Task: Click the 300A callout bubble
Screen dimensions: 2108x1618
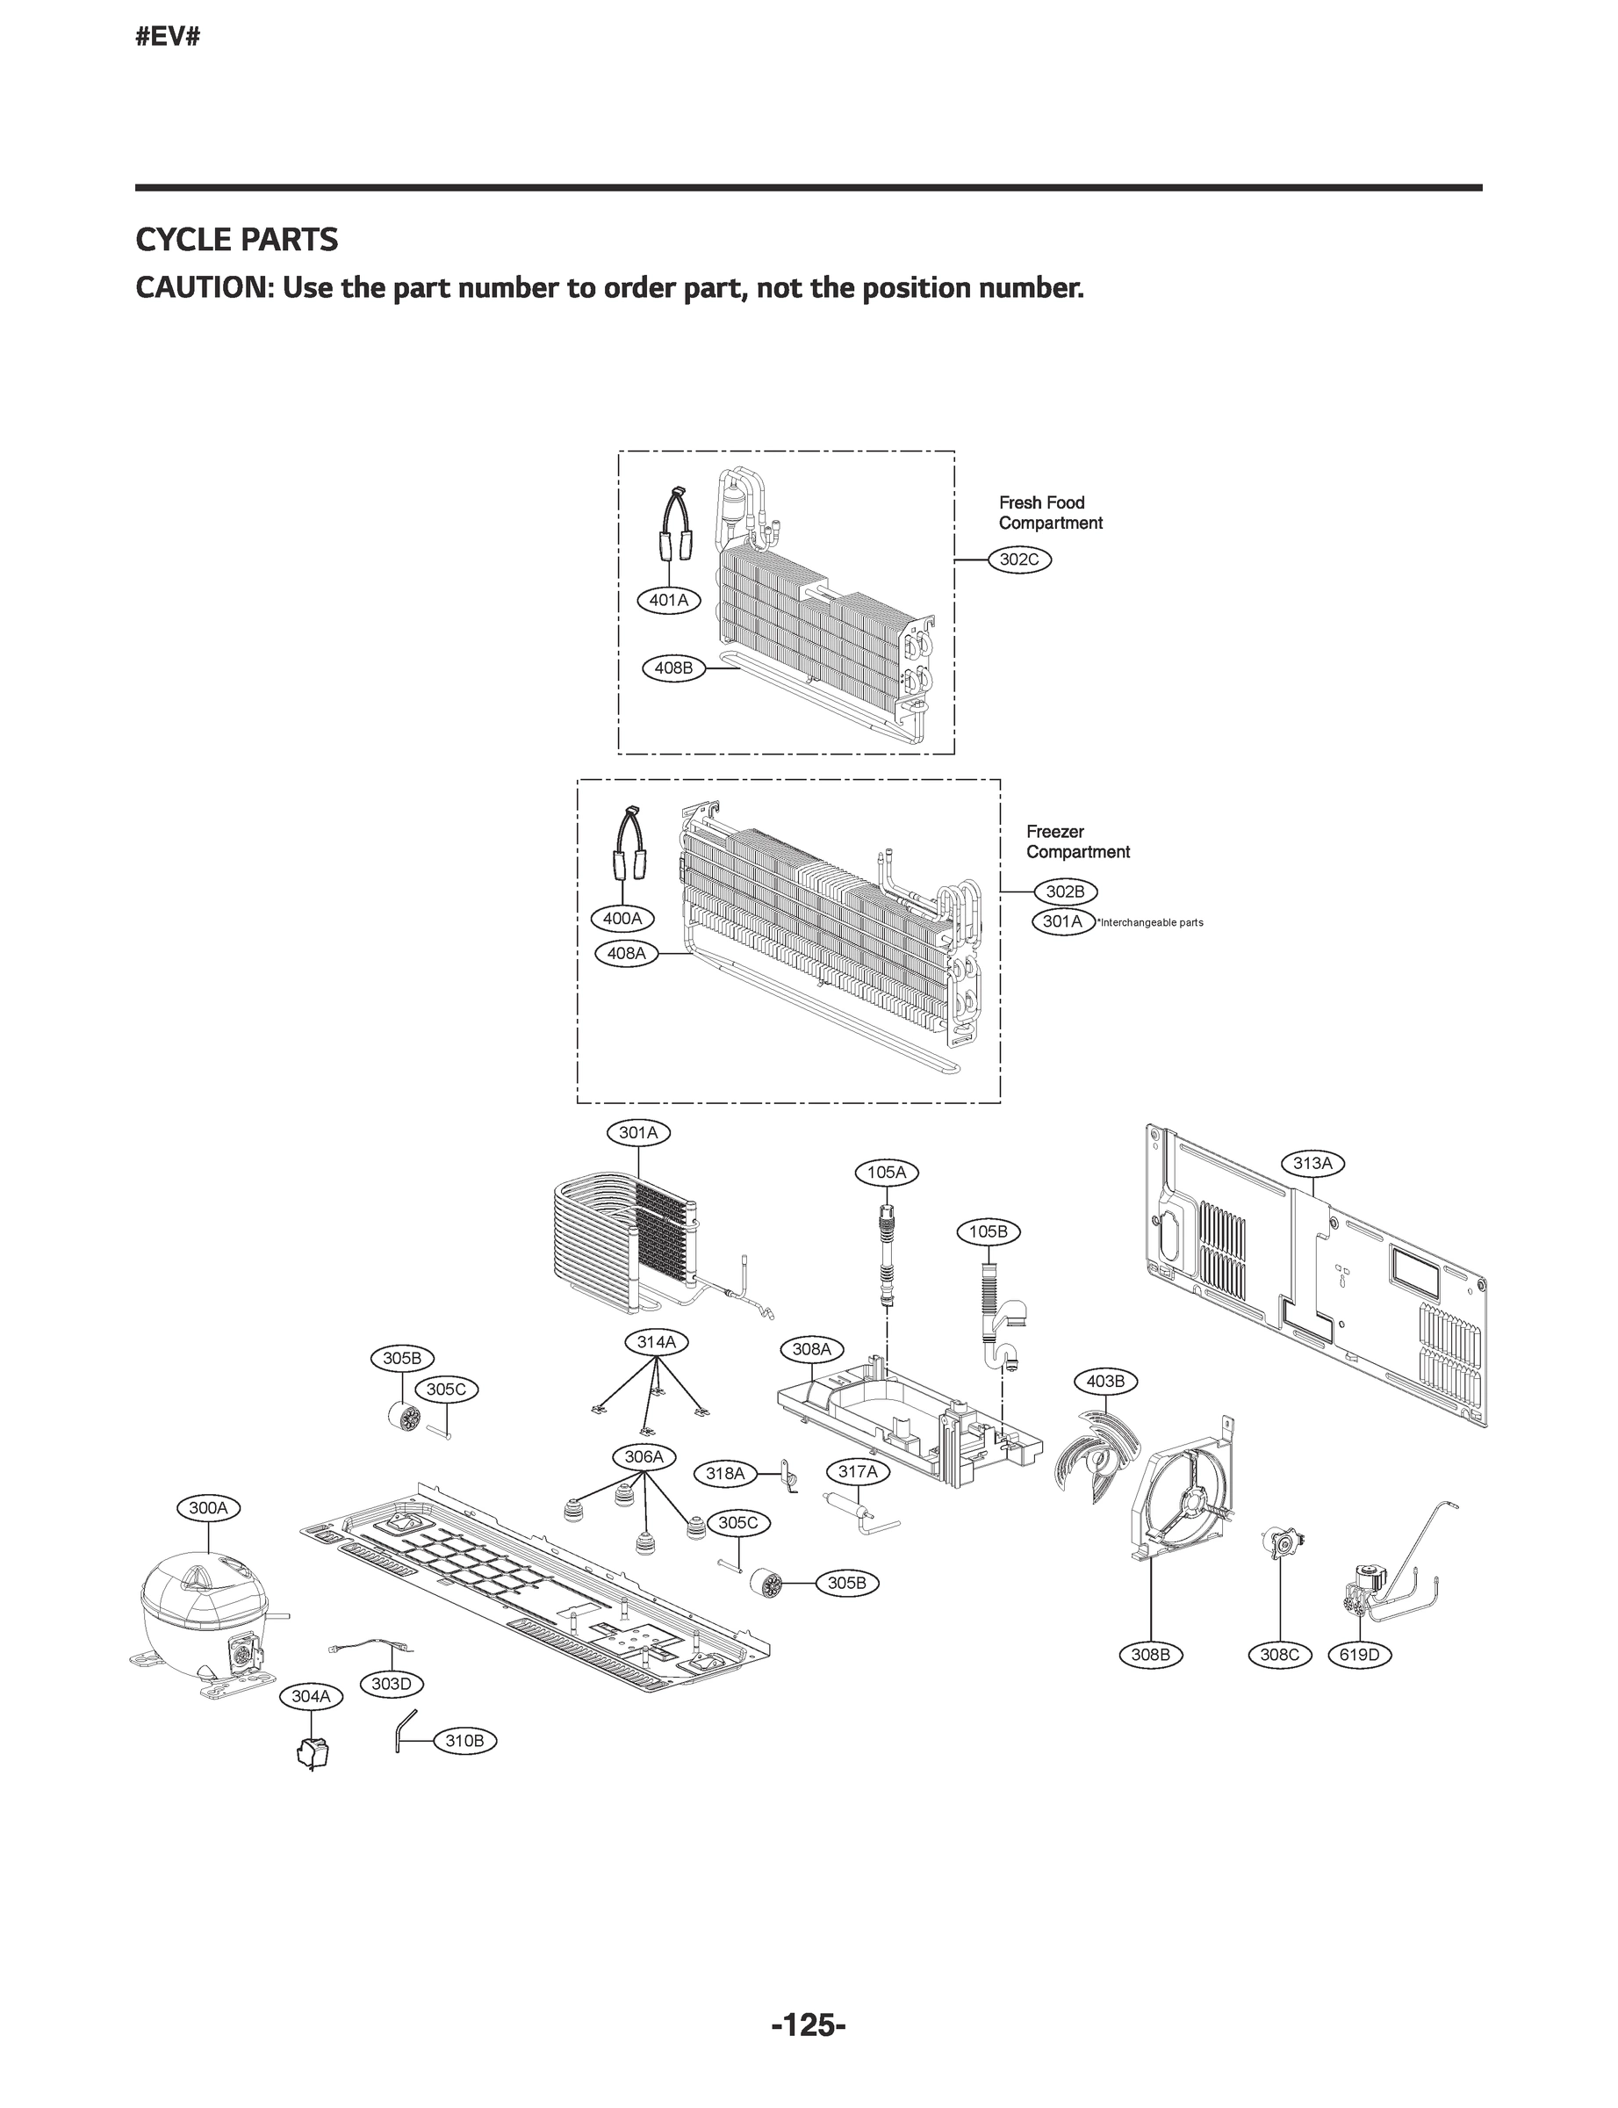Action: pyautogui.click(x=208, y=1508)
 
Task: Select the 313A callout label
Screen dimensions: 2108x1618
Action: pyautogui.click(x=1312, y=1163)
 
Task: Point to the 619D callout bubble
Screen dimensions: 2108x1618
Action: pyautogui.click(x=1359, y=1655)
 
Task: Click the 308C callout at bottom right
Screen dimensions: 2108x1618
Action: pyautogui.click(x=1279, y=1655)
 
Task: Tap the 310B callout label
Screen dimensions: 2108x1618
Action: pyautogui.click(x=464, y=1741)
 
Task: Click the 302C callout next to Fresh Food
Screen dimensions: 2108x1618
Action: pyautogui.click(x=1020, y=559)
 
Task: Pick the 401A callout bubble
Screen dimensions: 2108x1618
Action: pyautogui.click(x=668, y=600)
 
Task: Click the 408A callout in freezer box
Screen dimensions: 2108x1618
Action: pyautogui.click(x=626, y=953)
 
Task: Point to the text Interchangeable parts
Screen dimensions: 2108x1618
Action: pyautogui.click(x=1151, y=923)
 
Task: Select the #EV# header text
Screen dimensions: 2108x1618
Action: pyautogui.click(x=168, y=38)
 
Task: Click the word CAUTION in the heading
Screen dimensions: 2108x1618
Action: pyautogui.click(x=202, y=288)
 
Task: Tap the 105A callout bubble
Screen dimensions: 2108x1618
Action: pyautogui.click(x=886, y=1173)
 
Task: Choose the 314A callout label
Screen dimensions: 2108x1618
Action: pyautogui.click(x=657, y=1341)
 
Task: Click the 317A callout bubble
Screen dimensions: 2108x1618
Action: pyautogui.click(x=857, y=1471)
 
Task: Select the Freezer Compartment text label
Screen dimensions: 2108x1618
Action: pyautogui.click(x=1076, y=841)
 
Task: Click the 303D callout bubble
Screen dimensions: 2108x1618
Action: pyautogui.click(x=391, y=1683)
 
